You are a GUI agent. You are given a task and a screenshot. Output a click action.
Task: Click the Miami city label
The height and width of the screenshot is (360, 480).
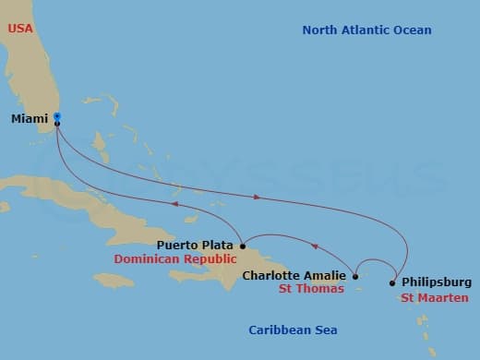click(30, 119)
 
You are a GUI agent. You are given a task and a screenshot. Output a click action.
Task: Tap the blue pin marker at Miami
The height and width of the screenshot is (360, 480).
click(57, 116)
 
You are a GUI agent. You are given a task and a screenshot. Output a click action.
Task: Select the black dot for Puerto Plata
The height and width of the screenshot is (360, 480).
click(242, 246)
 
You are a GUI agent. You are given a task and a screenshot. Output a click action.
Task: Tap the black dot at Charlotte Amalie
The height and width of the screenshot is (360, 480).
click(355, 275)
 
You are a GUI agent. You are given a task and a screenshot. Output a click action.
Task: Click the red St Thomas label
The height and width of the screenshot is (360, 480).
click(311, 289)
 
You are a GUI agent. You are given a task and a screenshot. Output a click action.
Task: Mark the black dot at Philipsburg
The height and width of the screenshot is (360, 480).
click(392, 282)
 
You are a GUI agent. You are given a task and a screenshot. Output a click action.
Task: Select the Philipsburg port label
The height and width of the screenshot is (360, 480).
click(438, 282)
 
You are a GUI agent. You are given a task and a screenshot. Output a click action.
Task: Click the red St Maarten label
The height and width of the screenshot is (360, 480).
click(435, 297)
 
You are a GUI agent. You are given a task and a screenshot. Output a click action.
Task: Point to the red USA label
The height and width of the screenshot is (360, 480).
click(20, 29)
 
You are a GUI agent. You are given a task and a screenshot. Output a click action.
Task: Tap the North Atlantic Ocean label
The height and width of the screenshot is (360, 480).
click(366, 30)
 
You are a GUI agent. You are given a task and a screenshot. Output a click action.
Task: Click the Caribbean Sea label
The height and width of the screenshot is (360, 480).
click(294, 330)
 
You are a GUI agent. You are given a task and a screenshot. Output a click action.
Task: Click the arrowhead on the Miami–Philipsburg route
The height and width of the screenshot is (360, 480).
click(258, 197)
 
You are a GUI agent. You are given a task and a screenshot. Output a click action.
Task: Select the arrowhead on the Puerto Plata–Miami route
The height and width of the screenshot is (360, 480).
click(172, 204)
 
